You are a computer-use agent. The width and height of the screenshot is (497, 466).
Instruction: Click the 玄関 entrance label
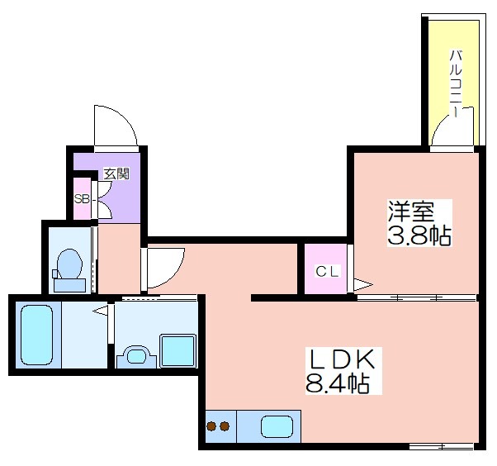point(117,174)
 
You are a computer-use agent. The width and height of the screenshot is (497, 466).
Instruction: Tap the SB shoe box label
point(82,199)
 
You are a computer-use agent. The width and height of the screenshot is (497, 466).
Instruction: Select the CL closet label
point(328,272)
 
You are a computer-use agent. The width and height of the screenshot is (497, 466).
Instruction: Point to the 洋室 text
point(411,211)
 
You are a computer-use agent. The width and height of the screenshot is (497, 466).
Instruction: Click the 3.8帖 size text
point(419,235)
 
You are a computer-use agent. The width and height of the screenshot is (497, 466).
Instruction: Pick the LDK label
point(343,358)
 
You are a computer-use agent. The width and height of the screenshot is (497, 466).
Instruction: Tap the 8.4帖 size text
point(337,383)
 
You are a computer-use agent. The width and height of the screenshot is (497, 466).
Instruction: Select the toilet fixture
point(69,270)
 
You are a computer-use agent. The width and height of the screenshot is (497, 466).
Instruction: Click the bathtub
point(37,335)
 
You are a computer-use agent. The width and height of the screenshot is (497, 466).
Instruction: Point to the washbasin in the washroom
point(136,356)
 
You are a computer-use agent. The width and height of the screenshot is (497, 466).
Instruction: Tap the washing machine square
point(177,350)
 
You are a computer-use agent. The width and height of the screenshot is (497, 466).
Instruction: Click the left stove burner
point(211,426)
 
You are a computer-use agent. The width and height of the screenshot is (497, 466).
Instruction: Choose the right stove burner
point(225,426)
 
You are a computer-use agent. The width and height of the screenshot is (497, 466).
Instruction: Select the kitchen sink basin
point(277,426)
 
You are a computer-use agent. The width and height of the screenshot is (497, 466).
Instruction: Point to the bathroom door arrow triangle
point(100,311)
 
